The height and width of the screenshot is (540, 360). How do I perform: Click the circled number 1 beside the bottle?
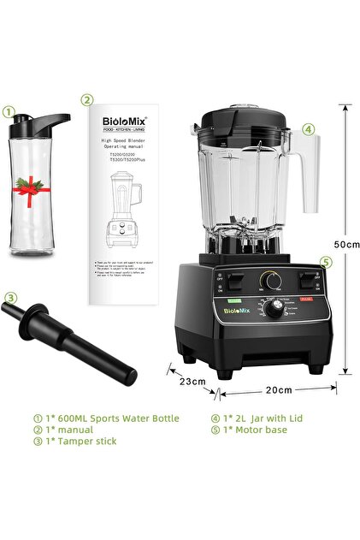coord(9,111)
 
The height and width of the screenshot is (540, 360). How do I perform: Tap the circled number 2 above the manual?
coord(86,99)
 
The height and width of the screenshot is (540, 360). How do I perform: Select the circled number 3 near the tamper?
coord(10,298)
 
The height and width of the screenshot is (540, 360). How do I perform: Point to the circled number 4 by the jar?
coord(307,131)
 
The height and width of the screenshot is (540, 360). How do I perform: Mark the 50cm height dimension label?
coord(345,244)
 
